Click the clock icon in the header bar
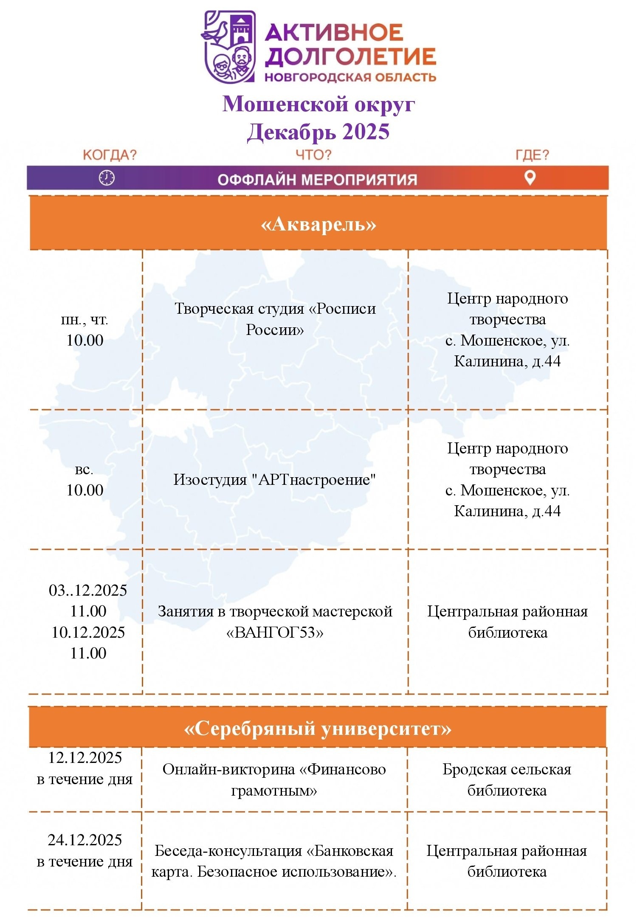107,177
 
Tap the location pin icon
530,177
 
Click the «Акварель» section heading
318,224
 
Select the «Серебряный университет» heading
318,729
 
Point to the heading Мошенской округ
318,104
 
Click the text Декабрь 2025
318,132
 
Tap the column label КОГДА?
110,155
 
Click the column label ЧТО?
313,155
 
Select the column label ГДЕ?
532,155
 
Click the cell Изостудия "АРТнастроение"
275,480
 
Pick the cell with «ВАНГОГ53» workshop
275,622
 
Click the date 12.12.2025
85,758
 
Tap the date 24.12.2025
85,840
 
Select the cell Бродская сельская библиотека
507,780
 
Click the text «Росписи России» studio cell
275,319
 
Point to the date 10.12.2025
88,633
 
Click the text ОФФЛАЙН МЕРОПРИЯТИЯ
317,180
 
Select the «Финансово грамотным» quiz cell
274,780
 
